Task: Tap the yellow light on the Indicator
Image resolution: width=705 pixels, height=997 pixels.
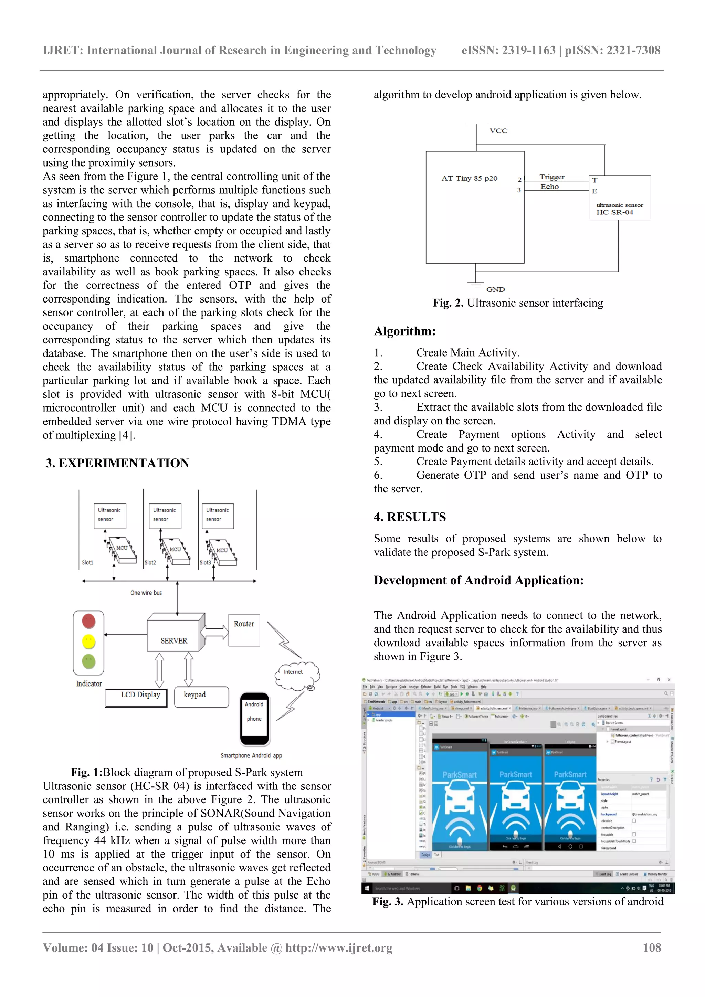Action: click(88, 641)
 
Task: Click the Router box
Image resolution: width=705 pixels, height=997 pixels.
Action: click(244, 630)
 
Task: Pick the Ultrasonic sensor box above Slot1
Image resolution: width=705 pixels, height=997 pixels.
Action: click(109, 516)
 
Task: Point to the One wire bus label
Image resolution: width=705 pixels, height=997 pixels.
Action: click(146, 593)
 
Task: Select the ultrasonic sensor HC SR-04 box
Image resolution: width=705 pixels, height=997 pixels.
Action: click(619, 198)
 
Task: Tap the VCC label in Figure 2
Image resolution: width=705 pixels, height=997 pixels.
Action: click(498, 131)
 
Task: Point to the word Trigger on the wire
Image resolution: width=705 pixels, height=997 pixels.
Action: click(552, 177)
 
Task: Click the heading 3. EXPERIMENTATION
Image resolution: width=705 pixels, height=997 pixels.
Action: click(117, 463)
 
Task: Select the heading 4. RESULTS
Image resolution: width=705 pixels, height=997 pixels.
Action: click(410, 517)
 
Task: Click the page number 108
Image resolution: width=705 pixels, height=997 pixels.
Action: click(652, 947)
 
